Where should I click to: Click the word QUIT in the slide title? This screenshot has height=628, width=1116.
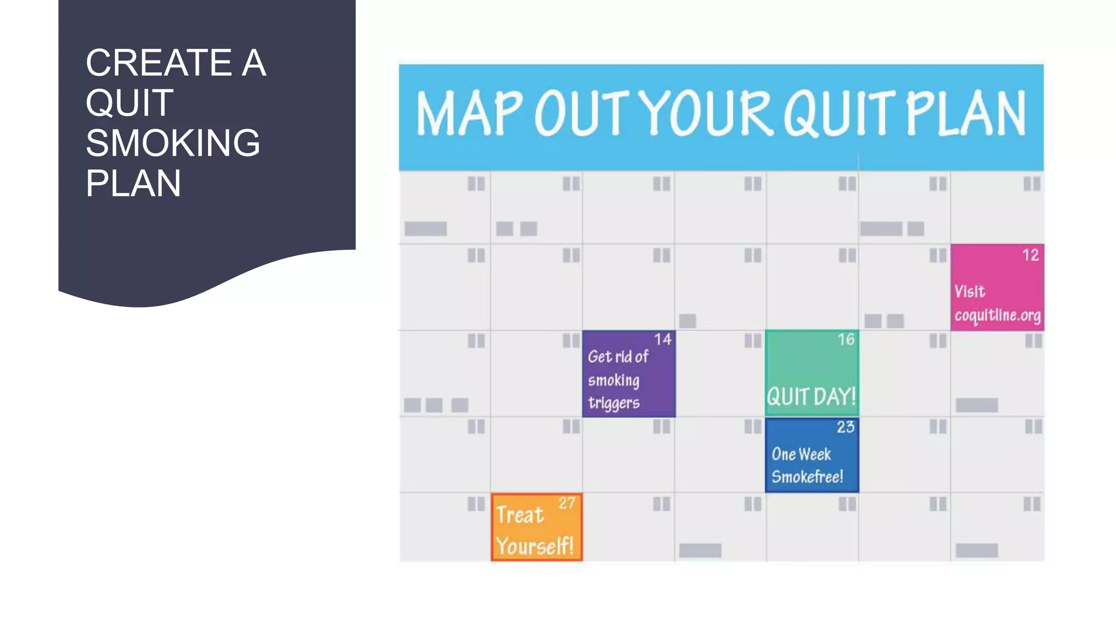(130, 102)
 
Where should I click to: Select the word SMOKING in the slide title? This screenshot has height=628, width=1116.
(173, 143)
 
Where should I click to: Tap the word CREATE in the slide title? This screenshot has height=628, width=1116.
(159, 62)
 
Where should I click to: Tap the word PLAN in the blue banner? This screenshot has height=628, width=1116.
(966, 113)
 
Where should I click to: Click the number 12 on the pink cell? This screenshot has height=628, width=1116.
(1030, 255)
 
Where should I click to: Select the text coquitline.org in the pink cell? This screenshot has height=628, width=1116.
(997, 316)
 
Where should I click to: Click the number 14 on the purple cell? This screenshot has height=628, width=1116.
(663, 340)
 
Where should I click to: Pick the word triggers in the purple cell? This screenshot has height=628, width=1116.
(614, 403)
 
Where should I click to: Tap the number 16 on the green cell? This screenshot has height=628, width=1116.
(846, 340)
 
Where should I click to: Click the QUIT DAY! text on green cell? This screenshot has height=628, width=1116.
(811, 397)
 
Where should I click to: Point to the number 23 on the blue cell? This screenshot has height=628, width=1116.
(845, 427)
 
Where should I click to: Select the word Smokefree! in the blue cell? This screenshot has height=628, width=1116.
(807, 477)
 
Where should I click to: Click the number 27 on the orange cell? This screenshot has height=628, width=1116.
(567, 503)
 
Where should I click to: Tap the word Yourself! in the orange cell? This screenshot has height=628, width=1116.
(535, 546)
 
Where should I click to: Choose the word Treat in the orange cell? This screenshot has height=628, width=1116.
(520, 515)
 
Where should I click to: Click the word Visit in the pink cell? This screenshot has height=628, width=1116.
(969, 292)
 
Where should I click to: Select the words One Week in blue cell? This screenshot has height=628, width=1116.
(801, 454)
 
